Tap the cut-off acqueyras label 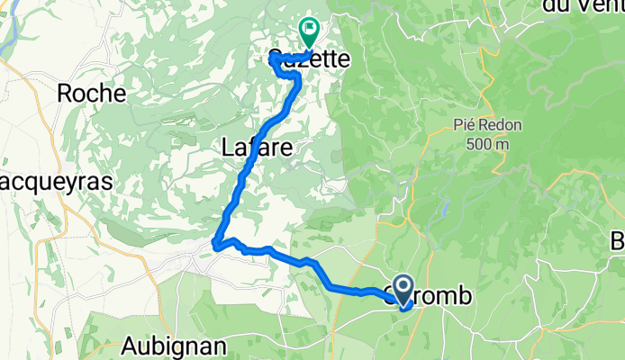56,181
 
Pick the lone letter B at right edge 618,241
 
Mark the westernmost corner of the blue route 215,242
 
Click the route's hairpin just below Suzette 296,80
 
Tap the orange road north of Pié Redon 487,54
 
